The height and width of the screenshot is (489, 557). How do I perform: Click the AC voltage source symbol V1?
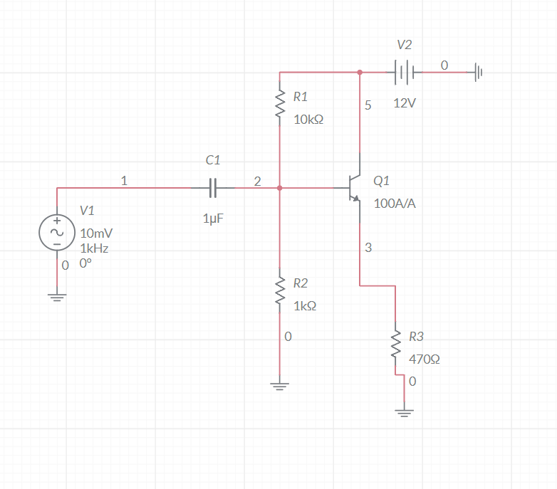[56, 233]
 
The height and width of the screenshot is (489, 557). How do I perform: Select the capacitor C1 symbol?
[213, 188]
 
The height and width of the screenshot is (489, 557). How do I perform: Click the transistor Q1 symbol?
[354, 188]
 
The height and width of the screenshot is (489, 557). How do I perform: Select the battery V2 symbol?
[404, 72]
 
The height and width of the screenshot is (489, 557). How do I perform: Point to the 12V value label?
[405, 103]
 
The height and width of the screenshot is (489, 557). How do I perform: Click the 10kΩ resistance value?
[308, 120]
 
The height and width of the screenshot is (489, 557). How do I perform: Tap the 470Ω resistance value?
[424, 359]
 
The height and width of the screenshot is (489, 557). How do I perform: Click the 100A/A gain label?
[395, 204]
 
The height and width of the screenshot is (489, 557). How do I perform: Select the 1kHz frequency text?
[94, 248]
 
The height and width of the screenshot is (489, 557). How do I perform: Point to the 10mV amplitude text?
[96, 233]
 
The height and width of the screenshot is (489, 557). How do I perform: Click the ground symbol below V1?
[56, 297]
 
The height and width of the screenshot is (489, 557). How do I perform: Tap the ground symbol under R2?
[280, 387]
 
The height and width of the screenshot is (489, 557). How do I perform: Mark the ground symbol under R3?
[404, 412]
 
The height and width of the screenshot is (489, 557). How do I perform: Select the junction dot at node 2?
[280, 188]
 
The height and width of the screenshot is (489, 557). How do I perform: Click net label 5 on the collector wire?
[368, 105]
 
